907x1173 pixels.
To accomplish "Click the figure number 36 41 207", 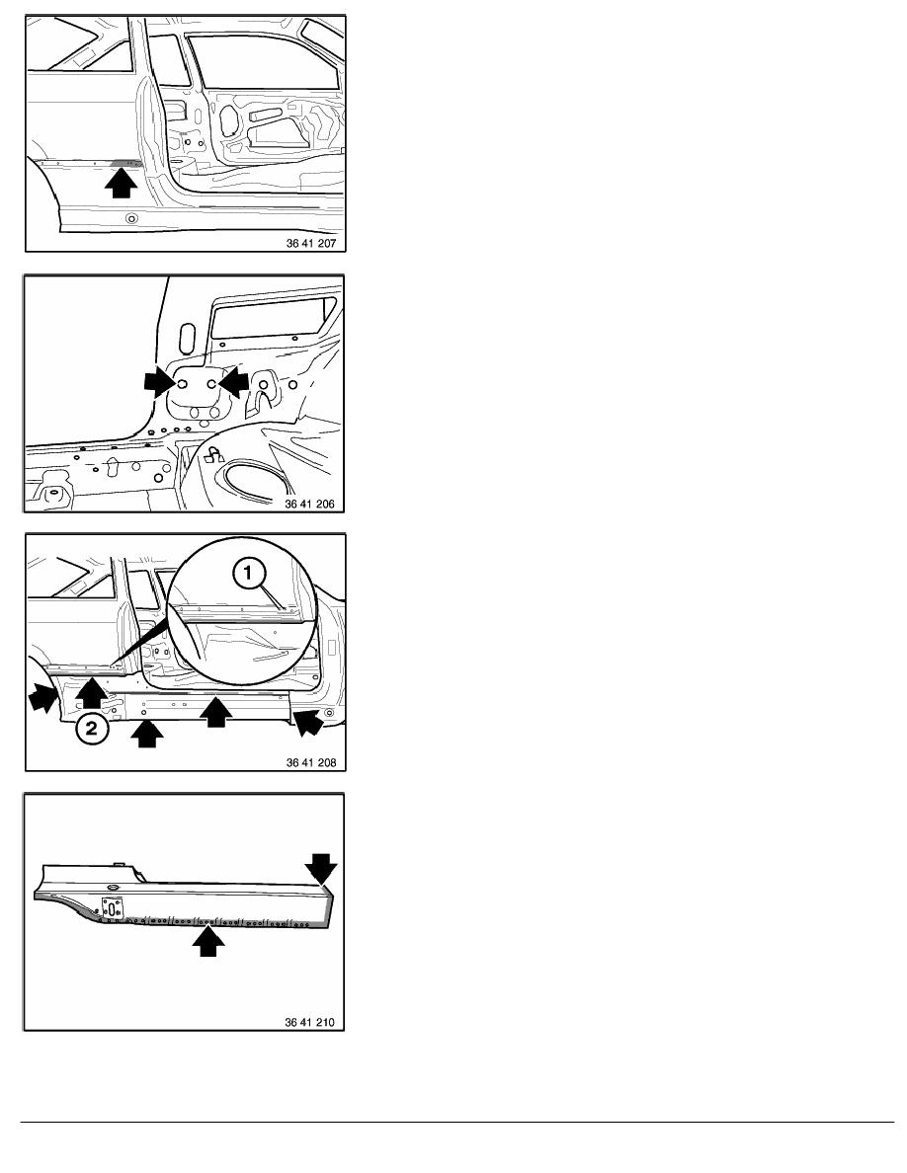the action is pos(310,243).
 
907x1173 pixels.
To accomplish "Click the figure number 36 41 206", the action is pos(309,505).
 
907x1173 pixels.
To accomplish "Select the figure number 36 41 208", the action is pos(310,763).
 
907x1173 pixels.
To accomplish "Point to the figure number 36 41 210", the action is pos(309,1023).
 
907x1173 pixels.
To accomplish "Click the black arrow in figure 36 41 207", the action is pos(121,184).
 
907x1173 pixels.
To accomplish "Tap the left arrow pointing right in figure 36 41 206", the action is pos(159,381).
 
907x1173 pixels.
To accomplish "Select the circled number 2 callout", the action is pos(91,727).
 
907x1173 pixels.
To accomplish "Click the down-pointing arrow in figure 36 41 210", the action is pos(321,869).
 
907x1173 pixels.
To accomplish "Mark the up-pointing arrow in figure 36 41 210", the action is pos(208,942).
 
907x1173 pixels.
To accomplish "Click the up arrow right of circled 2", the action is pos(146,733).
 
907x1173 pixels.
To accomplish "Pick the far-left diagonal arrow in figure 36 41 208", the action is pos(42,697).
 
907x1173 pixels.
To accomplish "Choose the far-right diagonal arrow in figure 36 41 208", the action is pos(309,722).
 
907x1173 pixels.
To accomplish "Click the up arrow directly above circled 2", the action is pos(91,691).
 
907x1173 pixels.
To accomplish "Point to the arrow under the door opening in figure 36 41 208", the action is pos(215,711).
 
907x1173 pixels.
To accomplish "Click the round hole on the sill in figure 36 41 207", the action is pos(131,218).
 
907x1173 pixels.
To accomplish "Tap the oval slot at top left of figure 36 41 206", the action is pos(187,337).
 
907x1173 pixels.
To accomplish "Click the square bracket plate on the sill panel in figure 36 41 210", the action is pos(113,909).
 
